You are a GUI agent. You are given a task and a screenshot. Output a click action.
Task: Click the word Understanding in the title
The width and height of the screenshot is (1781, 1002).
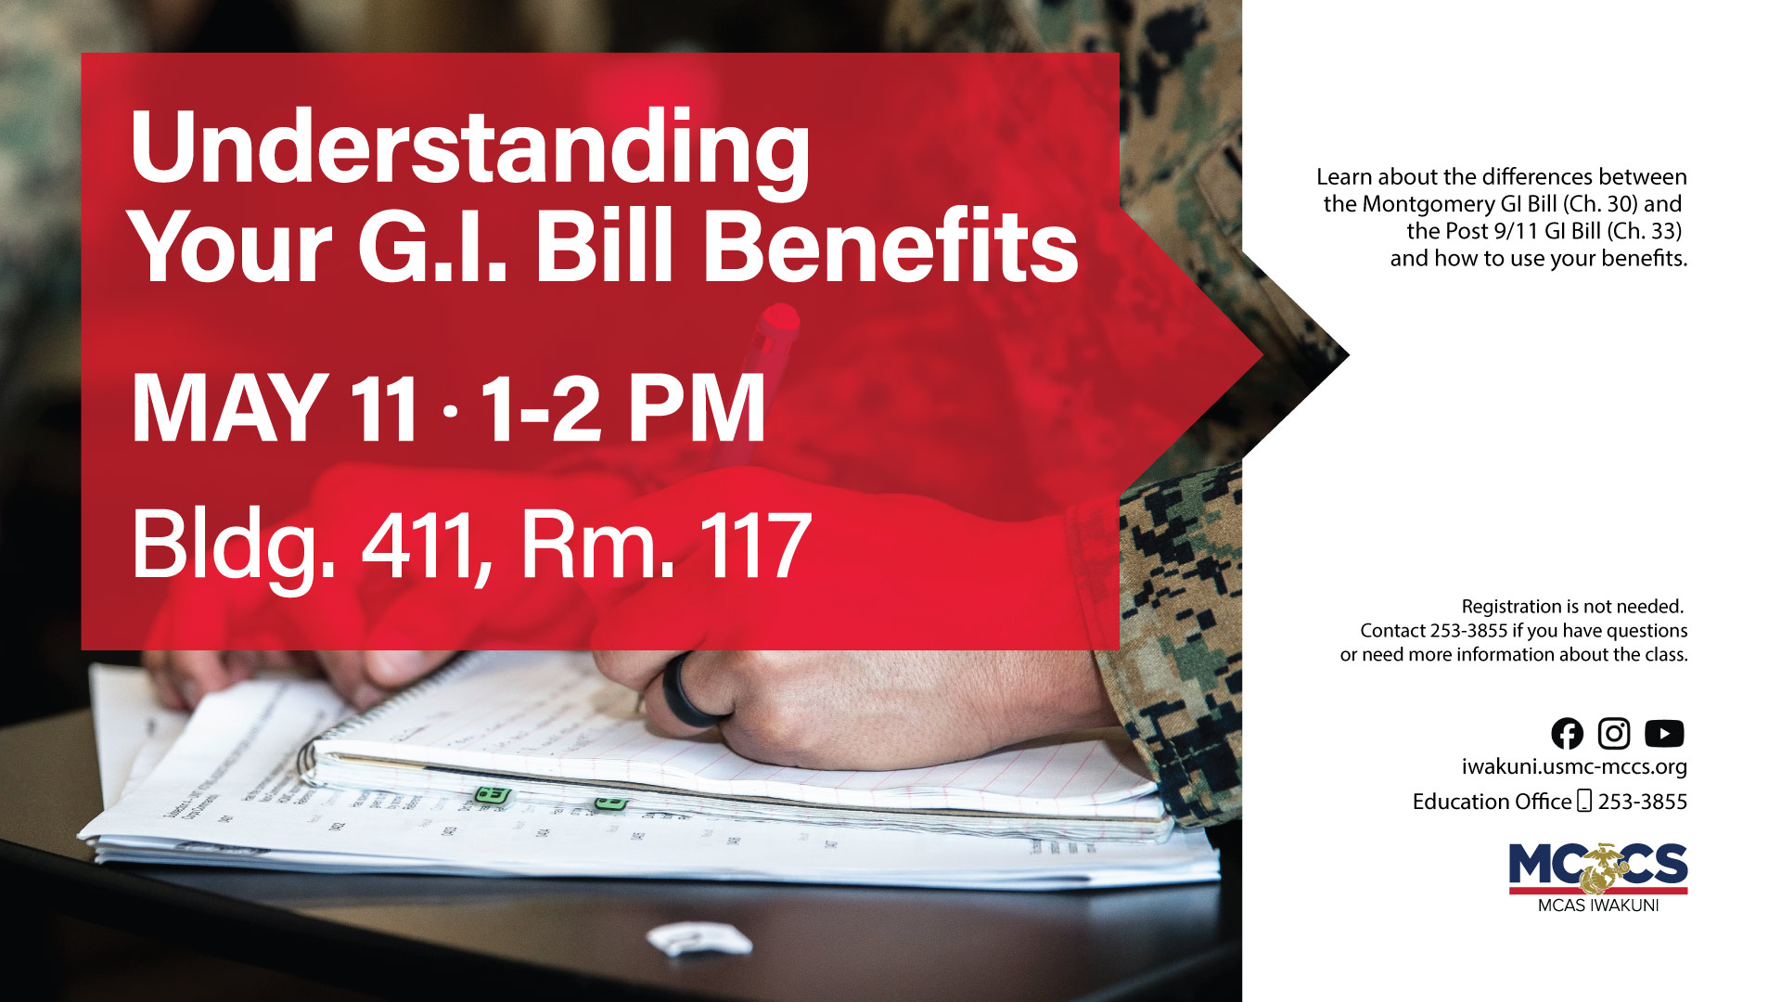[x=469, y=148]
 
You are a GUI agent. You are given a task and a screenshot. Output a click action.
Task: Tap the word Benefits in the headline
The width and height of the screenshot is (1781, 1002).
[x=890, y=247]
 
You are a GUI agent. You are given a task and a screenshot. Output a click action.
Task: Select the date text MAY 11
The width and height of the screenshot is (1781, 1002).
[x=275, y=408]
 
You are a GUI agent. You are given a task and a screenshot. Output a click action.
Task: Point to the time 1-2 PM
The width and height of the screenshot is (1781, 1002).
[x=622, y=408]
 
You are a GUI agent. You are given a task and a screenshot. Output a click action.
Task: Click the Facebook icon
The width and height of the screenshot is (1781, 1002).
[x=1567, y=734]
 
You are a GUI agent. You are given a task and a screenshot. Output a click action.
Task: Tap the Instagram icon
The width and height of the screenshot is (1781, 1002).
[x=1614, y=734]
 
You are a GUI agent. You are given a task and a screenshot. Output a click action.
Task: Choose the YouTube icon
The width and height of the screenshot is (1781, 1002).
[x=1664, y=734]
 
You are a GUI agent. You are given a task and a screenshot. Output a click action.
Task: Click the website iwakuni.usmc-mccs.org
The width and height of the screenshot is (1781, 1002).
[x=1573, y=767]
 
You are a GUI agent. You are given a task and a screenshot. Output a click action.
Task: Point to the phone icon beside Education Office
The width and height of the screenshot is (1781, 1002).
[x=1584, y=801]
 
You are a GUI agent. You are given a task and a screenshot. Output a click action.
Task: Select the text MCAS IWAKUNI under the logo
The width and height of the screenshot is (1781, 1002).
[x=1597, y=906]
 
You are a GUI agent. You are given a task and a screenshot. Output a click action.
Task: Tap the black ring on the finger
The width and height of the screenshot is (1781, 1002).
[x=690, y=690]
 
